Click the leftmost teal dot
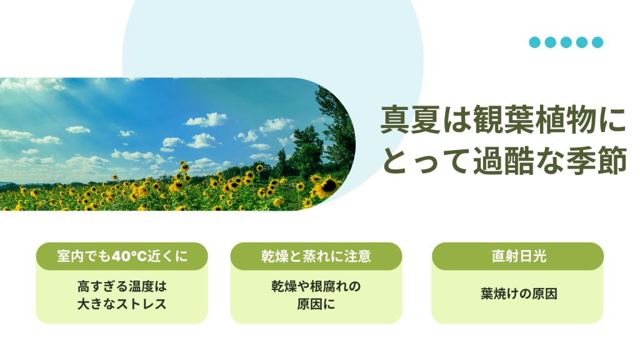tap(535, 42)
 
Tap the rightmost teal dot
tap(597, 42)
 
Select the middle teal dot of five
tap(566, 42)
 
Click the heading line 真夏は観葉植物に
tap(503, 120)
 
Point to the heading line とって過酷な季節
tap(504, 161)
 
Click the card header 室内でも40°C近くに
tap(122, 256)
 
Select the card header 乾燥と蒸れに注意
tap(316, 256)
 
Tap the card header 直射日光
tap(517, 256)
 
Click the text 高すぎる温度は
tap(122, 286)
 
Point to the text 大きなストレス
tap(122, 304)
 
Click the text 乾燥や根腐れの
tap(316, 286)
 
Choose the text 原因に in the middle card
tap(316, 304)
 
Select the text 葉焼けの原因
tap(519, 294)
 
